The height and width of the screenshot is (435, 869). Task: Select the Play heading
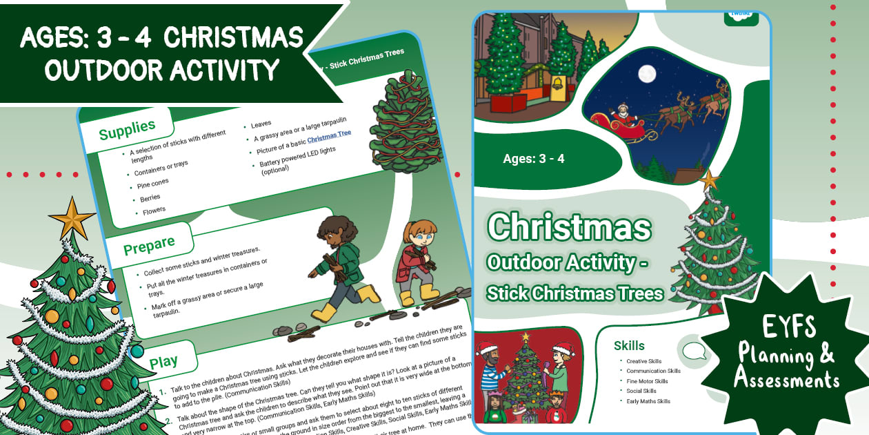point(163,361)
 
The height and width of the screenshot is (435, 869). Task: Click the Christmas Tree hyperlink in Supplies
point(329,137)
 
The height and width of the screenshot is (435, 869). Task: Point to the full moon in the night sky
point(647,73)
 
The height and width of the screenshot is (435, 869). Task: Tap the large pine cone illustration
point(402,121)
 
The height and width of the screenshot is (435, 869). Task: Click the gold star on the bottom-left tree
point(71,219)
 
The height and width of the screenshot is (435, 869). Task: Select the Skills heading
point(629,345)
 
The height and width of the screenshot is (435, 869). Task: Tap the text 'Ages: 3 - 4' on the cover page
point(534,159)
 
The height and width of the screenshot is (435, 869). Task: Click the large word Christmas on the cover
point(569,226)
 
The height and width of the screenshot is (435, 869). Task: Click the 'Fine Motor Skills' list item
point(647,381)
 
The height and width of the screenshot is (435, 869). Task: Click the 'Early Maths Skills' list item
point(648,401)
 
